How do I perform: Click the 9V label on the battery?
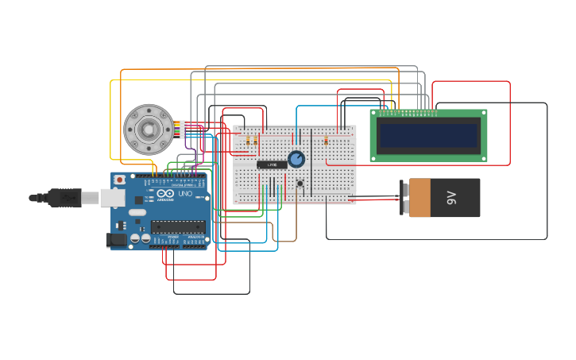click(452, 198)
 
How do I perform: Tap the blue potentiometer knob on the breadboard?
click(296, 159)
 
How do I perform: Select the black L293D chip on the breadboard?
click(272, 165)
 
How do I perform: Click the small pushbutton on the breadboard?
click(300, 184)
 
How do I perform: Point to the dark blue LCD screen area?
click(429, 136)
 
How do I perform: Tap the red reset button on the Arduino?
click(119, 180)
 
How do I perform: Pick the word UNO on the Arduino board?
click(184, 194)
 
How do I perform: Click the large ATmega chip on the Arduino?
click(178, 226)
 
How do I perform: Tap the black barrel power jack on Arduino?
click(116, 239)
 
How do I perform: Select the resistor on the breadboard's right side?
click(326, 141)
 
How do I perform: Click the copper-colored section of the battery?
click(419, 198)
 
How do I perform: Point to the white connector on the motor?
click(182, 129)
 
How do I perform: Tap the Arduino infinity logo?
click(164, 194)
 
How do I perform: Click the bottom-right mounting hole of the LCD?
click(481, 157)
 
